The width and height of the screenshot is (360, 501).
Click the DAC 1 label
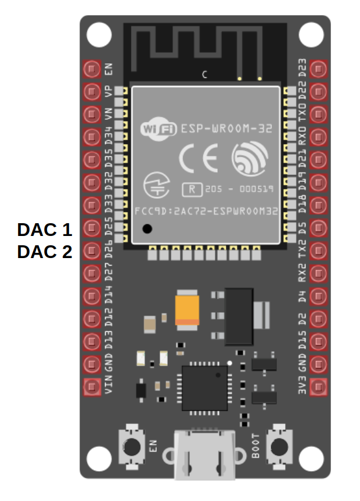coord(45,230)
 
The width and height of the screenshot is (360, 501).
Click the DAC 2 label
coord(45,252)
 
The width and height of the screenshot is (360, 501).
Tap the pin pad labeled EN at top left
coord(92,69)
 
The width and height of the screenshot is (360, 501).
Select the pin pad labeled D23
coord(318,69)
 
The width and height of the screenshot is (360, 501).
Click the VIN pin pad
coord(92,387)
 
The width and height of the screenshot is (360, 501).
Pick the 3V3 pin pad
coord(318,387)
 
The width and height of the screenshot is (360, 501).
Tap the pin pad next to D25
coord(92,228)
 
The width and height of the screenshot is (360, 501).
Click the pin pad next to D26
coord(92,250)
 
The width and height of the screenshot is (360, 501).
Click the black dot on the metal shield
coord(147,229)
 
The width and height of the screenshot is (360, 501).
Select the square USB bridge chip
coord(204,388)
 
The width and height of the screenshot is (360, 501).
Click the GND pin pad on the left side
coord(92,364)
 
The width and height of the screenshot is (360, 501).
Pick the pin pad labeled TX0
coord(318,114)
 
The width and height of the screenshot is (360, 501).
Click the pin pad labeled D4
coord(318,296)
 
